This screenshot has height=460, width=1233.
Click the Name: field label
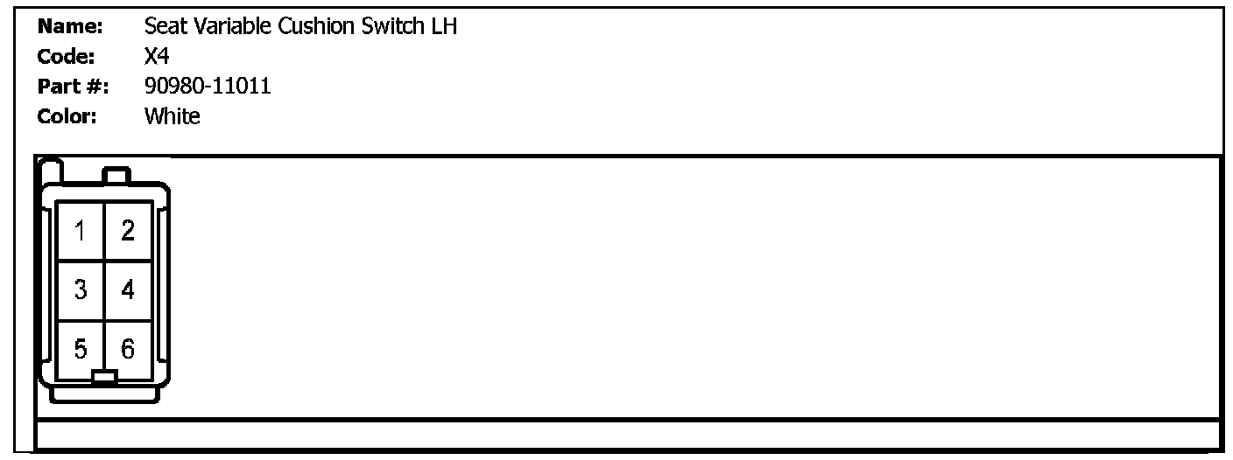coord(70,27)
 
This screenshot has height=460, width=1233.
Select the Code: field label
coord(67,57)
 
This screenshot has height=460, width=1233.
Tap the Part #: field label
coord(72,87)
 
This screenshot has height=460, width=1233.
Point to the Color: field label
coord(67,116)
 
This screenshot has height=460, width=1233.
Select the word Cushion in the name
coord(316,27)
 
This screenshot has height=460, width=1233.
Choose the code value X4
coord(157,57)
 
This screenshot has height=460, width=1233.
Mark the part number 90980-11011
coord(208,87)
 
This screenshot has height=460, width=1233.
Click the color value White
coord(172,116)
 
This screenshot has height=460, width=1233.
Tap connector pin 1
coord(81,232)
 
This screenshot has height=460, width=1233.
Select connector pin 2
coord(128,232)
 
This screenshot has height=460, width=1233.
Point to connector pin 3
coord(81,290)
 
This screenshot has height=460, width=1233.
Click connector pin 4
coord(128,290)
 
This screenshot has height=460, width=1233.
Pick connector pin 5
coord(81,350)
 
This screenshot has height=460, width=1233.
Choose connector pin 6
coord(128,350)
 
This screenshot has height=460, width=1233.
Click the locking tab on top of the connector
coord(116,176)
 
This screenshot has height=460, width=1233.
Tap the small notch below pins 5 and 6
coord(104,377)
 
